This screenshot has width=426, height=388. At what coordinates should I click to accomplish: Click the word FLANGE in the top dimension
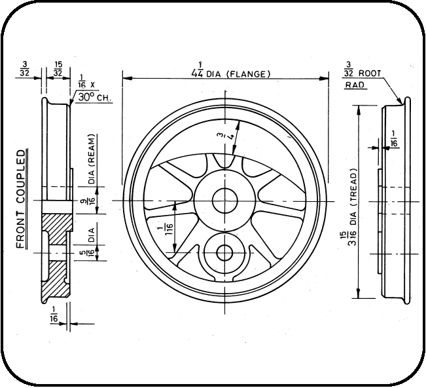(248, 74)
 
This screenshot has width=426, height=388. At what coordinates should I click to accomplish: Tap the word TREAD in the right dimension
(352, 186)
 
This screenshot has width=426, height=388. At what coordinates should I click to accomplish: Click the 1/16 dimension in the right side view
(393, 143)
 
